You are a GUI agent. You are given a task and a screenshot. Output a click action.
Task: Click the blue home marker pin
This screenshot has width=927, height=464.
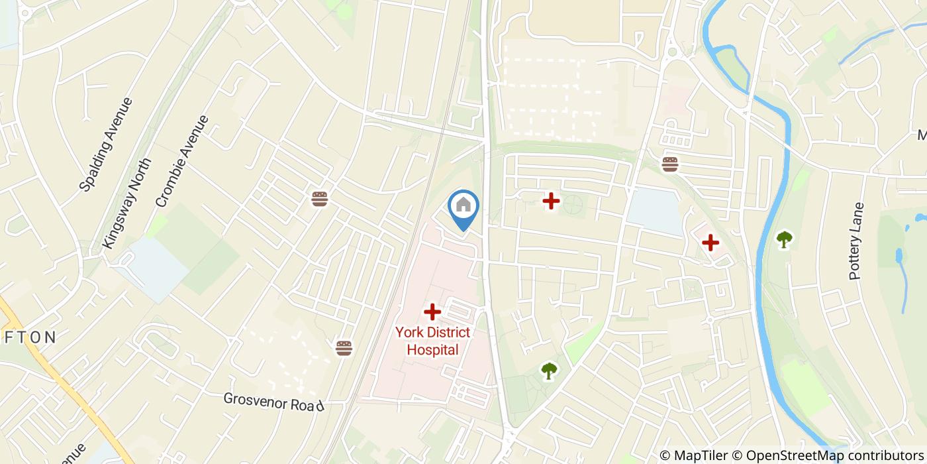(x=463, y=206)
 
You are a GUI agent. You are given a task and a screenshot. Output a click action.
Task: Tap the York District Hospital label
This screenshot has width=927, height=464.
(x=432, y=341)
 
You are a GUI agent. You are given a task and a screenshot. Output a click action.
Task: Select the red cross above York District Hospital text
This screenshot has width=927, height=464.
(x=432, y=311)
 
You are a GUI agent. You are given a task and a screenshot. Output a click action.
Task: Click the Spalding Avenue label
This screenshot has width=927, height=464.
(x=106, y=144)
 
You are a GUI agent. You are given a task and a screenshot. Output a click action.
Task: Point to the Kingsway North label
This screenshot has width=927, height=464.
(x=128, y=203)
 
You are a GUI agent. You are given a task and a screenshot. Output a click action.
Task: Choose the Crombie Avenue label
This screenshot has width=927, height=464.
(x=182, y=161)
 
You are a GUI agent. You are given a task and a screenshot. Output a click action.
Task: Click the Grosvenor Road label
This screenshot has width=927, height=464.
(x=273, y=401)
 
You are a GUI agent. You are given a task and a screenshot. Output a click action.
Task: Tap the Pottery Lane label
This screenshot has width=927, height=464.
(x=856, y=241)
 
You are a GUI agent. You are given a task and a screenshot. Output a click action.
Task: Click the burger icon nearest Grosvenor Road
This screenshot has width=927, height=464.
(x=344, y=348)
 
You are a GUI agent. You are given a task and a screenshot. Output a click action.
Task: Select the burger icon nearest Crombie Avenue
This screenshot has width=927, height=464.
(x=320, y=199)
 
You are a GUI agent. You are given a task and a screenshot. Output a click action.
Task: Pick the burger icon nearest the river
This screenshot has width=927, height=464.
(x=670, y=164)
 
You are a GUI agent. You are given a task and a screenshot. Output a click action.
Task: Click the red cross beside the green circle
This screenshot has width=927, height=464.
(x=551, y=200)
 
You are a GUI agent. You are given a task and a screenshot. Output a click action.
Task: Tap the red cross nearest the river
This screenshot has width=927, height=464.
(x=710, y=243)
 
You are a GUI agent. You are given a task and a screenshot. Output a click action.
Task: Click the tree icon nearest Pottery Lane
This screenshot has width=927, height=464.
(x=785, y=239)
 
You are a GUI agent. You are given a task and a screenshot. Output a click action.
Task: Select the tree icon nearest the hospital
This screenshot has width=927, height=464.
(x=549, y=370)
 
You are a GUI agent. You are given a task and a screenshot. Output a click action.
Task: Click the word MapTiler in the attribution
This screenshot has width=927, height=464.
(x=701, y=455)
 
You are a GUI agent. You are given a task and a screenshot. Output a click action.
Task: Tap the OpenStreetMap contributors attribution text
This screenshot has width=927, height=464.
(x=834, y=455)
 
